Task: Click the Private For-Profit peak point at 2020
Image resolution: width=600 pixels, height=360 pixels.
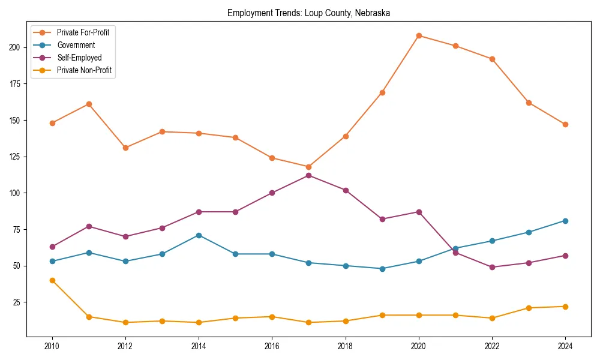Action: [x=419, y=35]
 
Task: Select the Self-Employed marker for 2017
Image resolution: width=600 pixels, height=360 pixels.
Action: [x=308, y=175]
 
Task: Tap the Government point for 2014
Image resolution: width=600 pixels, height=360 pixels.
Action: [x=199, y=235]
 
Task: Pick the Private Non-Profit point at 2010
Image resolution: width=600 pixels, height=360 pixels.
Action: [x=52, y=280]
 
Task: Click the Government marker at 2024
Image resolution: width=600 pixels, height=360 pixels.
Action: [x=565, y=221]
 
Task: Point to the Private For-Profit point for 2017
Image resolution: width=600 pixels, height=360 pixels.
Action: [x=308, y=167]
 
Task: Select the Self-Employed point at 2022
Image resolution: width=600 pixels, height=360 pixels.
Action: [x=492, y=267]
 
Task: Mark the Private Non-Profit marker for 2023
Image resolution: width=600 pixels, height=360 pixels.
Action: [x=529, y=308]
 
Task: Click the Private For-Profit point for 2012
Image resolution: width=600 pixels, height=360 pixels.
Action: [x=125, y=148]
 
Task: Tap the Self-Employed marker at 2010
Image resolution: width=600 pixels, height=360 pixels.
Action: [x=52, y=247]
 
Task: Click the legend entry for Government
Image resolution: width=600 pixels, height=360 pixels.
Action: [x=76, y=45]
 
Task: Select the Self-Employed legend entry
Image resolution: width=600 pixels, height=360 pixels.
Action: [x=79, y=58]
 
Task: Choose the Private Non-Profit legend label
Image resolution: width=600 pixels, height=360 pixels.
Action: [x=84, y=70]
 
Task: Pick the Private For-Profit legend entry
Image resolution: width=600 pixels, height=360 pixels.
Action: [x=83, y=32]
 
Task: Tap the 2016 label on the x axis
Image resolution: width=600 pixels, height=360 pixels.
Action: [x=272, y=346]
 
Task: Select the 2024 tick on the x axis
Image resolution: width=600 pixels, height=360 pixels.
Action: [x=565, y=346]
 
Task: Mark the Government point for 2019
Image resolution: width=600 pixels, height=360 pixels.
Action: [x=382, y=269]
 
